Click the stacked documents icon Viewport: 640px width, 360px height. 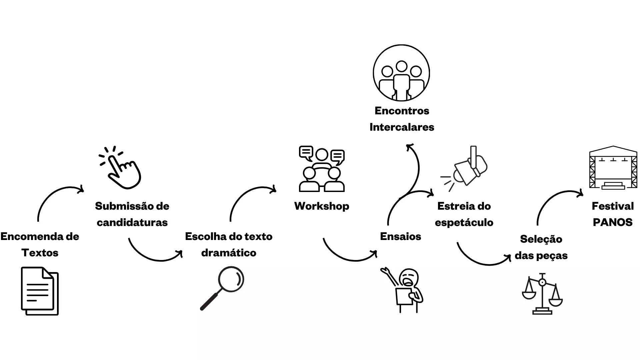[x=40, y=291]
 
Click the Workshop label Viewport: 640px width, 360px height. [x=322, y=206]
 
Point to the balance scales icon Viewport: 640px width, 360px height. [x=542, y=294]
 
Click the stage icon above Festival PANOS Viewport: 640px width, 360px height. [x=613, y=168]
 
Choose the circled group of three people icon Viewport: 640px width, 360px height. [x=401, y=73]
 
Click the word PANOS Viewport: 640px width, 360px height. [x=613, y=222]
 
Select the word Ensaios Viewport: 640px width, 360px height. [x=401, y=236]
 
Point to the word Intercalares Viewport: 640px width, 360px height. [x=402, y=127]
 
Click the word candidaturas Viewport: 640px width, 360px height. [x=132, y=222]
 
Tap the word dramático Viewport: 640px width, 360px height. [x=229, y=253]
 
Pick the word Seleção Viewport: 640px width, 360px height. [x=541, y=239]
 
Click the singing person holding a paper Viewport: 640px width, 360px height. [x=402, y=290]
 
